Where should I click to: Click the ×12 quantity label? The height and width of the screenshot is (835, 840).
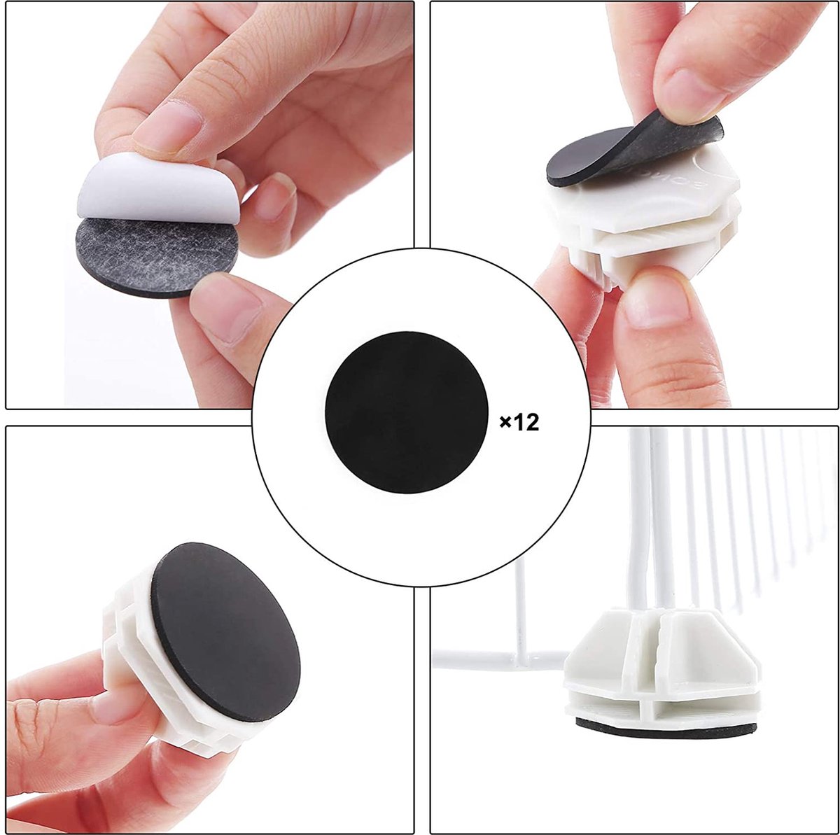click(519, 423)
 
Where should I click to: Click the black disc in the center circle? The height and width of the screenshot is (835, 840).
click(406, 412)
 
